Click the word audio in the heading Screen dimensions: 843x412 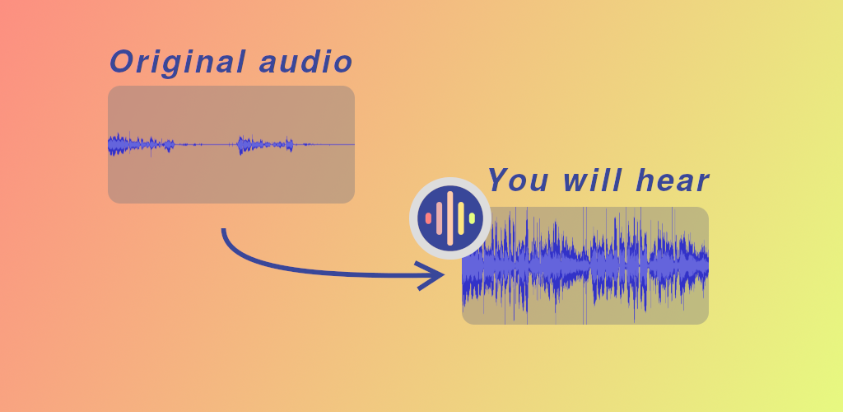[306, 61]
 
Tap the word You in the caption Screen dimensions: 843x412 [518, 180]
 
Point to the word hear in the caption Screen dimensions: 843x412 [672, 180]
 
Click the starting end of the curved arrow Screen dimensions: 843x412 [224, 230]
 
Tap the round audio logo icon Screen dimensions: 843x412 [450, 218]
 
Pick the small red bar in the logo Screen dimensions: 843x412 [428, 218]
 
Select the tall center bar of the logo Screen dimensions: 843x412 [450, 218]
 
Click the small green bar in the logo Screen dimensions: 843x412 [472, 218]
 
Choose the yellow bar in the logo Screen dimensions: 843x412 [461, 218]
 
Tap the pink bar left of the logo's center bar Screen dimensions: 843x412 [440, 218]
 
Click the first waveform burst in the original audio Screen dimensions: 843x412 [142, 144]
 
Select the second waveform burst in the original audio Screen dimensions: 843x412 [266, 144]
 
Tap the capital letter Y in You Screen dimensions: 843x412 [498, 180]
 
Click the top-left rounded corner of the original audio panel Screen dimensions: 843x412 [111, 89]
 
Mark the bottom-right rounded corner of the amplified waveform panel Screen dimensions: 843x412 [706, 321]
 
